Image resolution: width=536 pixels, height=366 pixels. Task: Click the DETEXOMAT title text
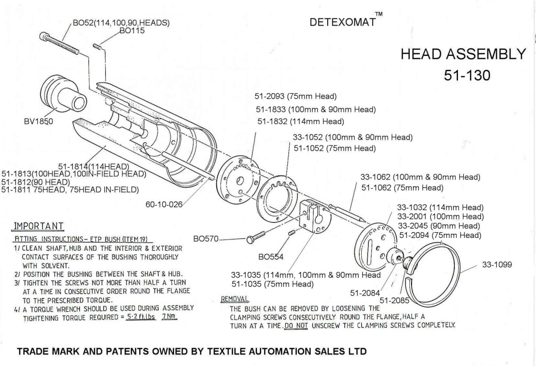click(x=343, y=24)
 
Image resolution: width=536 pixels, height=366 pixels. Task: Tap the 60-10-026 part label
click(x=164, y=204)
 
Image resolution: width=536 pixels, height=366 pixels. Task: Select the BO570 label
click(x=205, y=239)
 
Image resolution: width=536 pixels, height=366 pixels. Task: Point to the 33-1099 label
click(x=500, y=266)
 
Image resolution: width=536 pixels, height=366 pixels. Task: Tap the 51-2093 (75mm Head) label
click(x=295, y=97)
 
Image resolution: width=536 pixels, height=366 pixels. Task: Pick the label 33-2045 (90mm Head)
click(x=440, y=226)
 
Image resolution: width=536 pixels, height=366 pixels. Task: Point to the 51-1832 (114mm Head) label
click(x=300, y=121)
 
